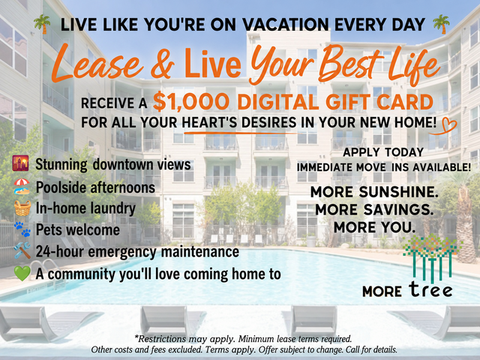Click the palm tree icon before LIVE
[42, 24]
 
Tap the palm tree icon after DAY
[442, 24]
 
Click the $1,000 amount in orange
[191, 102]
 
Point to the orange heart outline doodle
[445, 125]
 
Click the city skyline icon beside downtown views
[20, 163]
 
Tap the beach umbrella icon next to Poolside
[22, 187]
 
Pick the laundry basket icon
[22, 208]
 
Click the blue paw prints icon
[22, 229]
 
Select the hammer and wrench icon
[22, 250]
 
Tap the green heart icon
[22, 273]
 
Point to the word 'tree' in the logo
[430, 289]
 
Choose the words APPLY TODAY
[383, 152]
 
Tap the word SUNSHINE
[398, 192]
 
